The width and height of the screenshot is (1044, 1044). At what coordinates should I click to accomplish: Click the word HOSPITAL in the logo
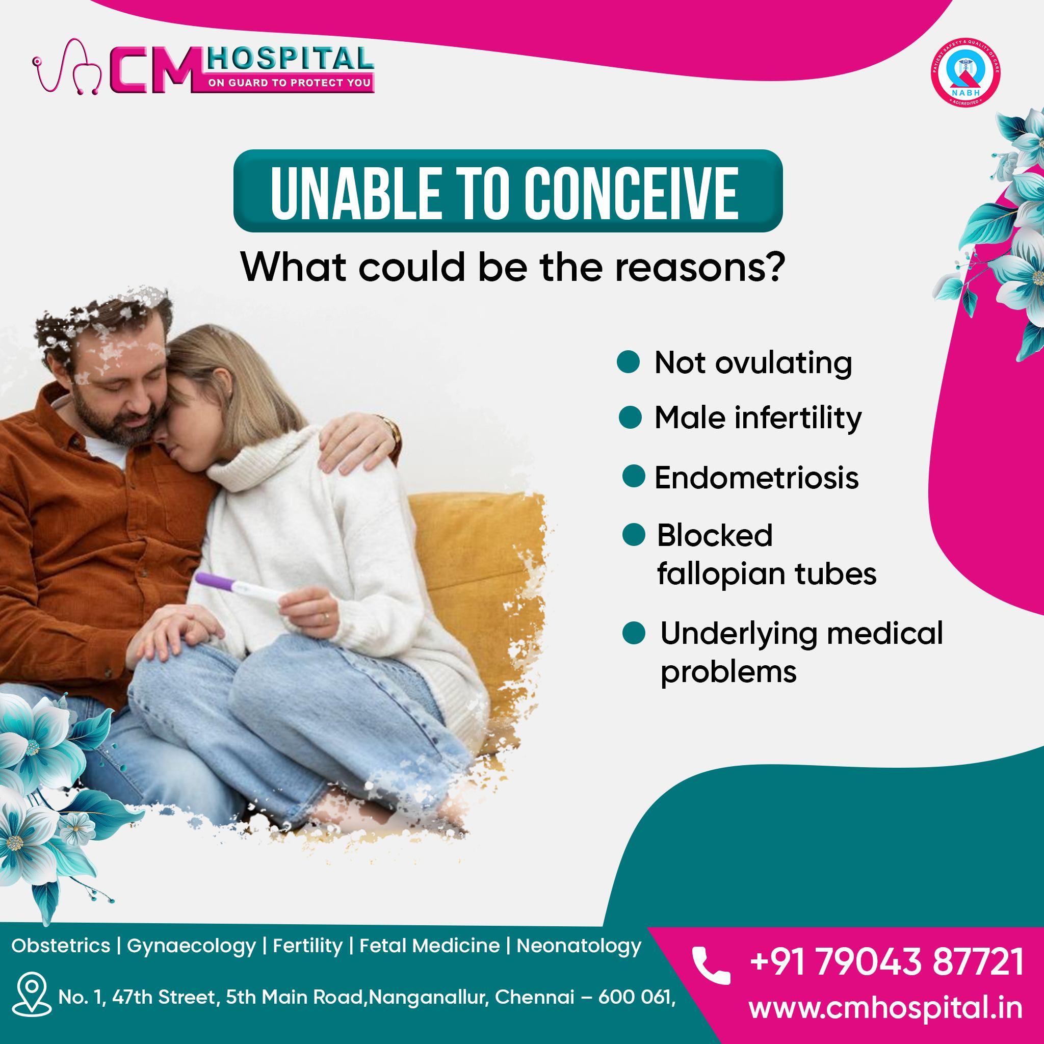point(290,58)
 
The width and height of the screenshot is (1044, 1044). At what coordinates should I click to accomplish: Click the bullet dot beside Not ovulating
point(628,361)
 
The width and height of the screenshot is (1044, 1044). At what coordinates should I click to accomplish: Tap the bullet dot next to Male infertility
point(630,417)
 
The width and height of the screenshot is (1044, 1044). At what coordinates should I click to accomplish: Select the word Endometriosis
point(756,478)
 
